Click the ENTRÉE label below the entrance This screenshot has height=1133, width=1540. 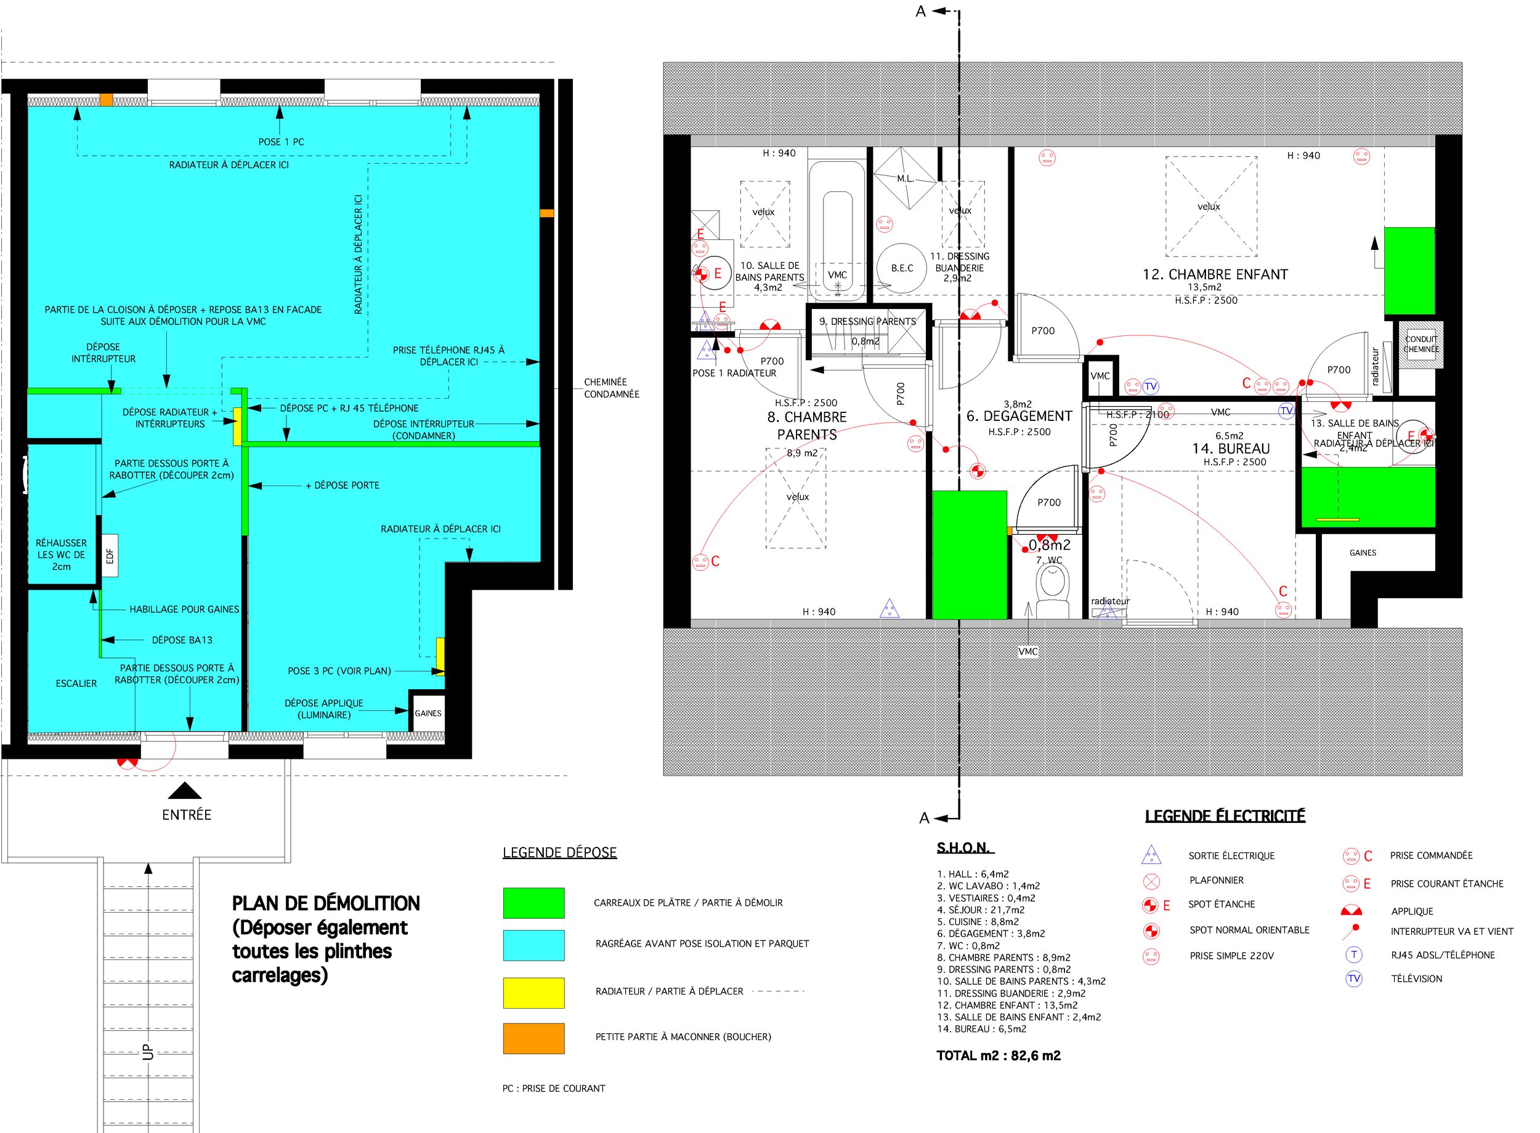(x=186, y=815)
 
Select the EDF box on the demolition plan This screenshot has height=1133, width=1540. (x=109, y=556)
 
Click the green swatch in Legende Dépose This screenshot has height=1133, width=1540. (x=533, y=903)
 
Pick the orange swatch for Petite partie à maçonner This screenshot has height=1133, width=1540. (x=533, y=1038)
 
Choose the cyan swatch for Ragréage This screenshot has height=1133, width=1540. (x=533, y=945)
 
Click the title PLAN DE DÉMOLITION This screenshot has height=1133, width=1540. (x=325, y=903)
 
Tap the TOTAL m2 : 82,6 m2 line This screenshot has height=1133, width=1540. (x=998, y=1055)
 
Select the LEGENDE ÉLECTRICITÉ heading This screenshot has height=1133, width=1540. (x=1225, y=816)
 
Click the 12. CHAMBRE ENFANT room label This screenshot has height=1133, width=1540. (x=1215, y=274)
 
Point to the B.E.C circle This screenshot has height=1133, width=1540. (x=902, y=268)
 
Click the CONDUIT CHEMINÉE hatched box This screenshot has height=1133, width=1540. (x=1420, y=344)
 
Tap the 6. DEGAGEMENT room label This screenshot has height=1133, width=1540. (x=1018, y=416)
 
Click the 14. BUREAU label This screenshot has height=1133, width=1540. (x=1231, y=449)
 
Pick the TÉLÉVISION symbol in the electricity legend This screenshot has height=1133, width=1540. (x=1353, y=979)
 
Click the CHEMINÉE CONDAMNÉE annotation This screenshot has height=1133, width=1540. (x=611, y=388)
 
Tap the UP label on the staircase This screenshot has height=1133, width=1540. (x=148, y=1052)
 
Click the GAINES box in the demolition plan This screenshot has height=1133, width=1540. (x=428, y=713)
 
